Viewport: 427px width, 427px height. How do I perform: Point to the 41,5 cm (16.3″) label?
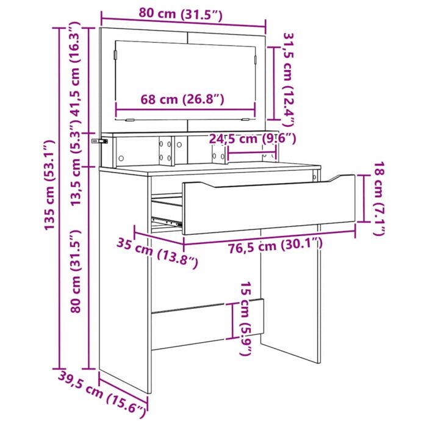click(74, 76)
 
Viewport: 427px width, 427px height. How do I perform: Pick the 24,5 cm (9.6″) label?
click(252, 139)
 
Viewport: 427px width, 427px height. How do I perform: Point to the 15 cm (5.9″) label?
click(245, 319)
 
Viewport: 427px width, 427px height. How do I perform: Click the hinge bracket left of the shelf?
click(98, 142)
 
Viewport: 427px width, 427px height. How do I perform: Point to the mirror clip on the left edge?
click(114, 54)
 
